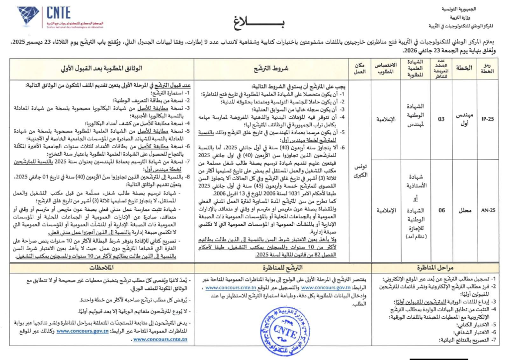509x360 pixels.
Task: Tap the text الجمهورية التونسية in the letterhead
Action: (473, 9)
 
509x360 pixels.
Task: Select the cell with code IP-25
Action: (488, 119)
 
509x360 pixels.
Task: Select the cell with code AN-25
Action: (488, 210)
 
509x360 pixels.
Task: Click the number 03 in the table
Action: (441, 119)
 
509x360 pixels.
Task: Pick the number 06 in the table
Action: (441, 210)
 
